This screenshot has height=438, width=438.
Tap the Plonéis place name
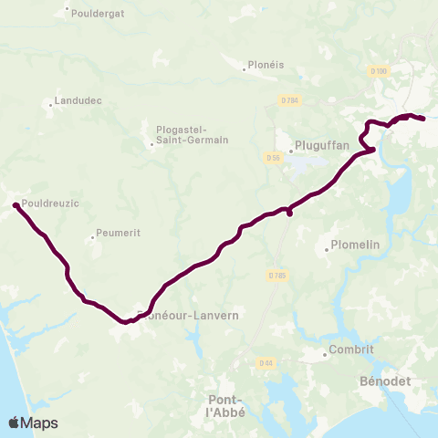pyautogui.click(x=266, y=66)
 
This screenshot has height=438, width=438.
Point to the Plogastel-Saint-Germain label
pyautogui.click(x=192, y=134)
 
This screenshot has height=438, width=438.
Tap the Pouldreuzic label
pyautogui.click(x=52, y=203)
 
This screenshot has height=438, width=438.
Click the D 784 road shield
pyautogui.click(x=289, y=100)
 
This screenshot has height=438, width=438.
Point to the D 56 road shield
pyautogui.click(x=272, y=158)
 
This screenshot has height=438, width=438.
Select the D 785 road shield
pyautogui.click(x=277, y=275)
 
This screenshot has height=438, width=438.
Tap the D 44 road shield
pyautogui.click(x=265, y=363)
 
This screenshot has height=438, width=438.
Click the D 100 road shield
pyautogui.click(x=380, y=70)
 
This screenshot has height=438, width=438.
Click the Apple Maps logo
pyautogui.click(x=33, y=422)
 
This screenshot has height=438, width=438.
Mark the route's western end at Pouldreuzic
pyautogui.click(x=16, y=206)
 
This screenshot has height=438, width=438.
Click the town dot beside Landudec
pyautogui.click(x=50, y=103)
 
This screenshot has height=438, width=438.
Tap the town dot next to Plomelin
pyautogui.click(x=327, y=249)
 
